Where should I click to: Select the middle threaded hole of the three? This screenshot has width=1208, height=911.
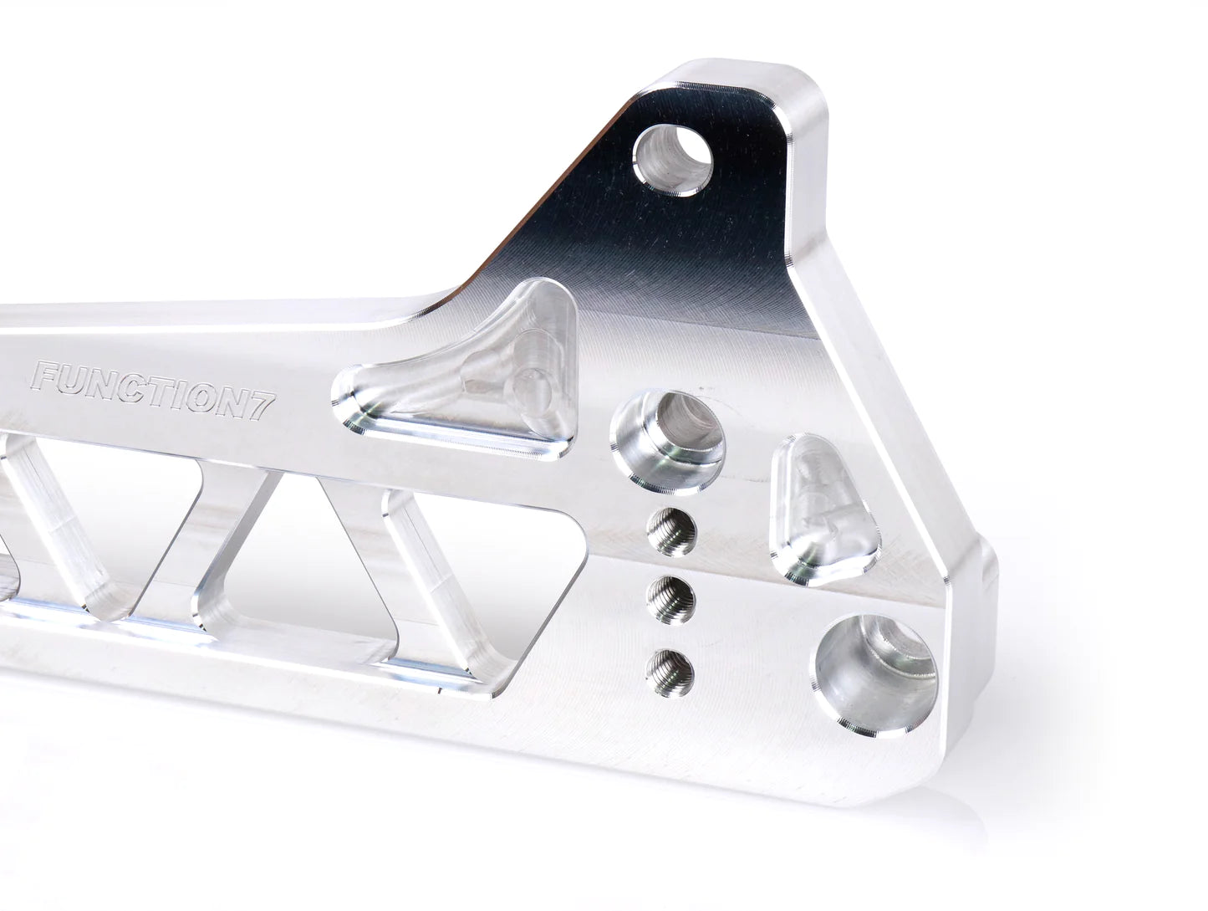pyautogui.click(x=673, y=596)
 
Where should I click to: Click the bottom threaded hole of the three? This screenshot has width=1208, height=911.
pyautogui.click(x=673, y=667)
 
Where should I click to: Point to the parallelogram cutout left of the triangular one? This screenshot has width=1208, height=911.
pyautogui.click(x=159, y=535)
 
